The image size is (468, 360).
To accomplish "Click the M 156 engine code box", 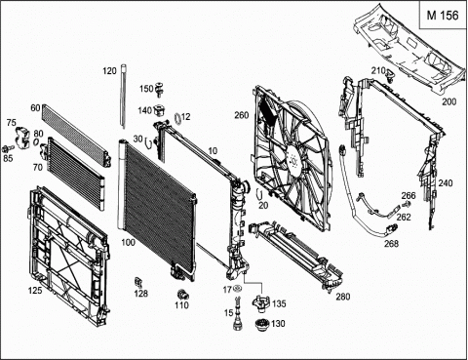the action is pos(443,16).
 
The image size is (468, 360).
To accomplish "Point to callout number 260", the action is pos(242,115).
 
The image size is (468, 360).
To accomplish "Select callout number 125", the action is pos(35,290).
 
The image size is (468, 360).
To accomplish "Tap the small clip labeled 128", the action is pos(138,282).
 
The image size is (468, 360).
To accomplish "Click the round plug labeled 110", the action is pos(183,294).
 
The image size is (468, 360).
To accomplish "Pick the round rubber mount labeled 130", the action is pos(261,325).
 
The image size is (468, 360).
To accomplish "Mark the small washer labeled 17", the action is pos(237,289).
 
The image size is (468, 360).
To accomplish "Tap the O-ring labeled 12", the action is pos(177,118).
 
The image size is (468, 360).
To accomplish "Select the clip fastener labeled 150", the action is pos(160,89).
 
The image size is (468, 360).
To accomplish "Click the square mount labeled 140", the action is pos(159,110).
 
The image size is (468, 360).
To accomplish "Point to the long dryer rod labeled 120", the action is pos(124,97).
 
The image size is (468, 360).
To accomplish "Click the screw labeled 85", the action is pos(7,148).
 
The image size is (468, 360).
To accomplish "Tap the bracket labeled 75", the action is pos(22,138).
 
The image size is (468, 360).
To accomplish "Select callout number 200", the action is pos(448,101).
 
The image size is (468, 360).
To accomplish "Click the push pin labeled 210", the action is pos(390,74).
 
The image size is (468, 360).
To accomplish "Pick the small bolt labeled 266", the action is pos(406,205).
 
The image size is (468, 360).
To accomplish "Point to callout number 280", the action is pos(343,297).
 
